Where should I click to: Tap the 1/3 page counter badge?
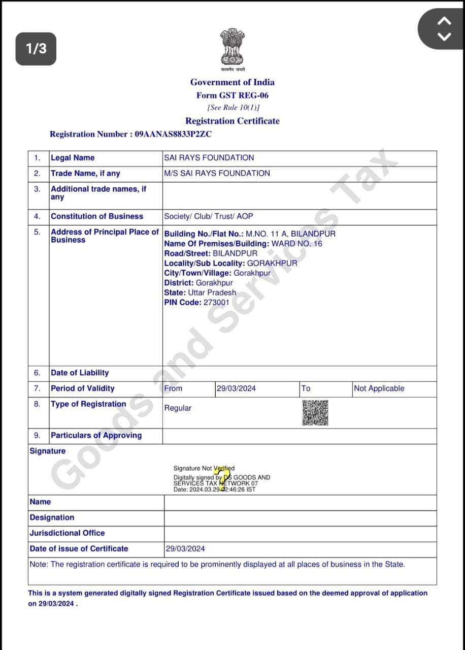point(36,49)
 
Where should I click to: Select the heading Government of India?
point(233,82)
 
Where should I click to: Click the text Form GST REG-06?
point(233,95)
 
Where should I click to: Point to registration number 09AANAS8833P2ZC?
point(173,134)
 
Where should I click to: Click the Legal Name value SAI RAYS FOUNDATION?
point(209,158)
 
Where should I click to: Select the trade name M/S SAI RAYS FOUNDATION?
point(217,173)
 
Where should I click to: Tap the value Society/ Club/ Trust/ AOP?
point(208,216)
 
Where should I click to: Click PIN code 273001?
point(216,302)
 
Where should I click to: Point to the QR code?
point(315,412)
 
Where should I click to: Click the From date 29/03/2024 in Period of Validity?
point(236,388)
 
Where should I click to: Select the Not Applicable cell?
point(379,388)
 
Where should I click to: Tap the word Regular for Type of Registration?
point(178,408)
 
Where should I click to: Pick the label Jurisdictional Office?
point(67,533)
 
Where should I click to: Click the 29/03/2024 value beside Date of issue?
point(185,549)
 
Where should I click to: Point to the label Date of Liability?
point(80,373)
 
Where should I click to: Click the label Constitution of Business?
point(97,216)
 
